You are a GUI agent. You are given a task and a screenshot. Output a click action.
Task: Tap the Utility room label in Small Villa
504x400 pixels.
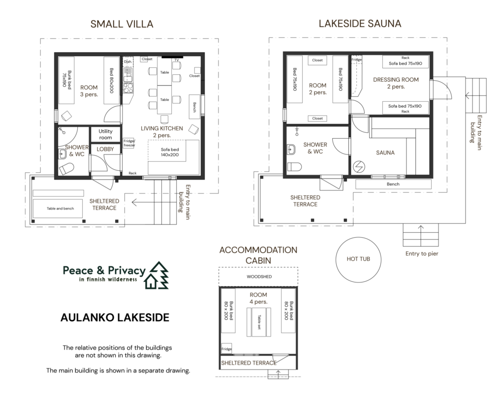tap(105, 134)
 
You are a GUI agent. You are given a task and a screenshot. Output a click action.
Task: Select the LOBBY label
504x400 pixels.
tap(105, 149)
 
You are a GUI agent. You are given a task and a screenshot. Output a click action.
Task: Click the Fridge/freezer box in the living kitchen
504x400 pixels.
tap(129, 143)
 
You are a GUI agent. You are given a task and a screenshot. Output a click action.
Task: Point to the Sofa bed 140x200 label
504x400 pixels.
tap(170, 152)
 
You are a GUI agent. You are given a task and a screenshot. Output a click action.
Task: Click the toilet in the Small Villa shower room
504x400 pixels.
tap(66, 168)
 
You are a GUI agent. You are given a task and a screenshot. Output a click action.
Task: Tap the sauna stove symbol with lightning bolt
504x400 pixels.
tap(359, 167)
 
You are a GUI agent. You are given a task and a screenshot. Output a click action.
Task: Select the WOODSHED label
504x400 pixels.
tap(259, 277)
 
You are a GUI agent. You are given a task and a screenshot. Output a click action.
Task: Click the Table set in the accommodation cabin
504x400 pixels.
tap(259, 322)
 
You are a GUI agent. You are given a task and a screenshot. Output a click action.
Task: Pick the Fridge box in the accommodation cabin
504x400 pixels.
tap(226, 349)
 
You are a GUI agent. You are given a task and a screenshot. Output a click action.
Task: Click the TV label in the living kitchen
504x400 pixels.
tap(177, 60)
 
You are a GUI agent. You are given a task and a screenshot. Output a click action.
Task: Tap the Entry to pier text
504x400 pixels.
tap(422, 253)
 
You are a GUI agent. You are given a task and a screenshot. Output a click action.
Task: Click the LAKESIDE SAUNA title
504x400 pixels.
tap(360, 24)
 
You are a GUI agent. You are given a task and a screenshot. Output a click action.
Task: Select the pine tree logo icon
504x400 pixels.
tap(157, 276)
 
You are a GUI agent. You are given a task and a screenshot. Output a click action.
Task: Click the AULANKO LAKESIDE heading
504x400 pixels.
tap(115, 317)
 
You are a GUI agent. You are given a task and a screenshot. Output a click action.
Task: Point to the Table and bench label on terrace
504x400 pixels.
tap(60, 209)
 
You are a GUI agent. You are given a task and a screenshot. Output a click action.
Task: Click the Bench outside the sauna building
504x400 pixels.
tap(393, 184)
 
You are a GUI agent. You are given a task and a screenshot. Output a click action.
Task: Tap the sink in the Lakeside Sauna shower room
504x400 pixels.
tap(291, 150)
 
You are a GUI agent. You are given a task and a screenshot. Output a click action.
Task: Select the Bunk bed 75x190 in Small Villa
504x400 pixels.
tap(66, 80)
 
